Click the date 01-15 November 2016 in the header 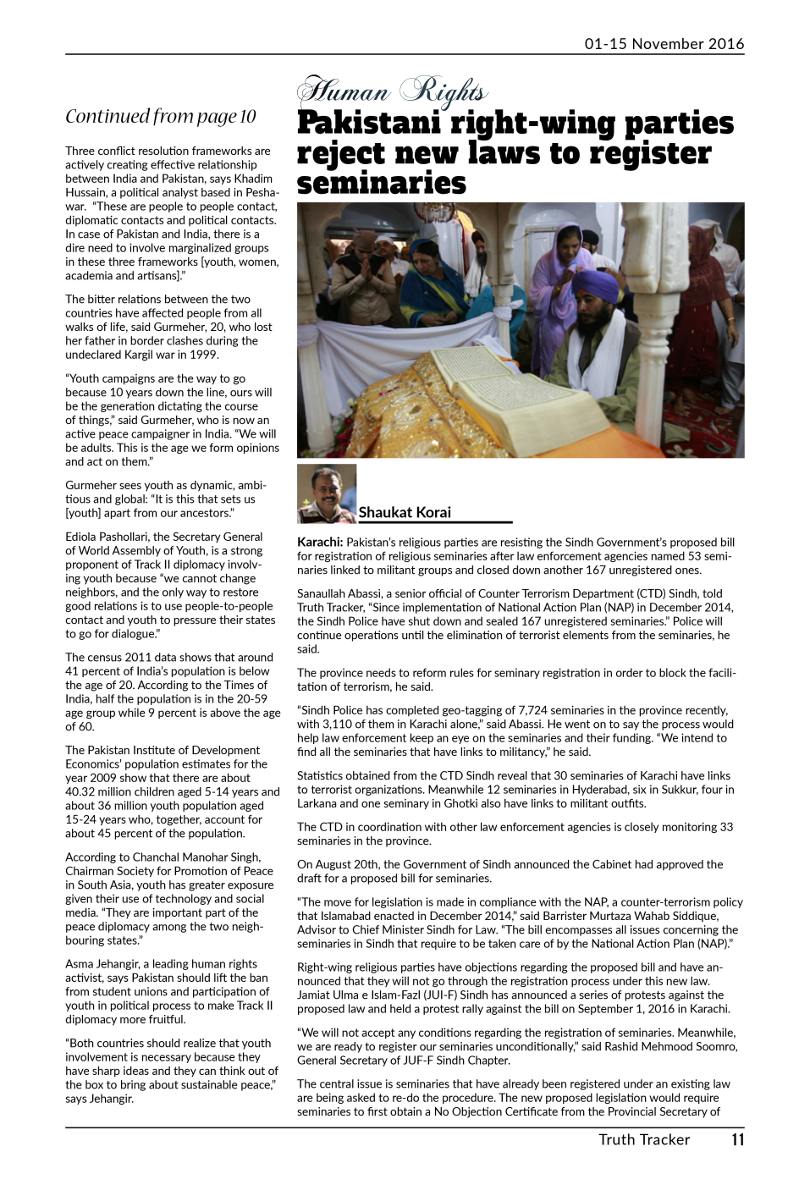(x=664, y=44)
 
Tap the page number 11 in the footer (x=737, y=1139)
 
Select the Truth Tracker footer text (x=644, y=1139)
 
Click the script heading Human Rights (x=392, y=91)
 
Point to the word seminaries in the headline (x=381, y=184)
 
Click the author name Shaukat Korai (x=405, y=512)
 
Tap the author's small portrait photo (x=326, y=493)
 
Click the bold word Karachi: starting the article (x=320, y=543)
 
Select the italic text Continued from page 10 (x=161, y=116)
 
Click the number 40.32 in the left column (x=83, y=792)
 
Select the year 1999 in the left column (x=204, y=355)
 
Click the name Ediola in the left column (x=83, y=537)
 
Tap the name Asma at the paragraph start (x=80, y=964)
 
